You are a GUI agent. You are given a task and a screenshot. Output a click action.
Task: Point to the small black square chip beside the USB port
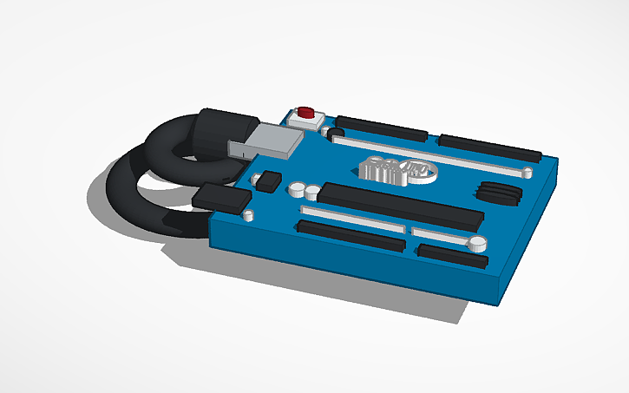(x=270, y=180)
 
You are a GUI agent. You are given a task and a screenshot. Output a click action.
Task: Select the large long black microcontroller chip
(x=403, y=206)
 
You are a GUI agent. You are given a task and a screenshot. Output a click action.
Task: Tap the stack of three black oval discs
(x=499, y=193)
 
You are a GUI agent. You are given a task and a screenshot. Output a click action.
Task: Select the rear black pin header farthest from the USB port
(x=490, y=148)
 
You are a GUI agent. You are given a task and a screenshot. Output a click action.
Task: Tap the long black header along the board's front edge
(x=351, y=235)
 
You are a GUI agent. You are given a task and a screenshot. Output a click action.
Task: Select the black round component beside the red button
(x=327, y=132)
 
